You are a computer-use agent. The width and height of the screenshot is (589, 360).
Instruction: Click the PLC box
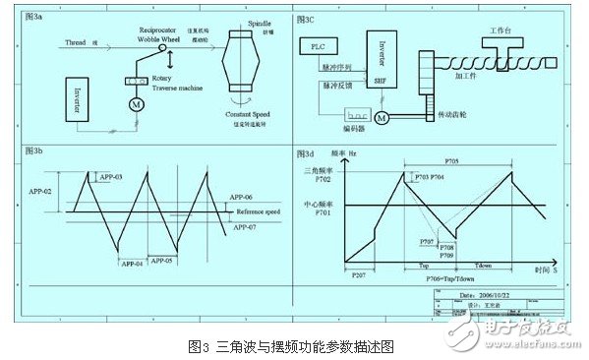pos(318,47)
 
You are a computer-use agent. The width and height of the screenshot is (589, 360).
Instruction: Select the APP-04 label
pos(132,264)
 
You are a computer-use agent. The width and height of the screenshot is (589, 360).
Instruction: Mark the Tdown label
pos(482,266)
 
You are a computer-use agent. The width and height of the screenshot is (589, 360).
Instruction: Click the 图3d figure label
pos(305,154)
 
